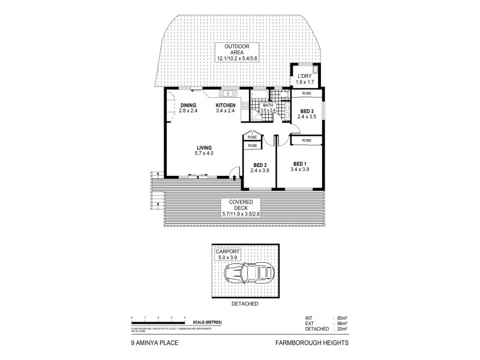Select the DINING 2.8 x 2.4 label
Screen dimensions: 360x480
(x=189, y=109)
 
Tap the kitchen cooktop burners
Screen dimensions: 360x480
(x=245, y=106)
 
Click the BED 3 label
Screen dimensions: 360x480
(x=307, y=113)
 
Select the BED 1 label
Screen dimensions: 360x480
(x=300, y=166)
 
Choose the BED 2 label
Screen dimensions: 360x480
(x=259, y=167)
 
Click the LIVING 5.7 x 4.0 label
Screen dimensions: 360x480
(x=203, y=150)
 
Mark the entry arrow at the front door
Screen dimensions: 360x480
(x=233, y=179)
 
